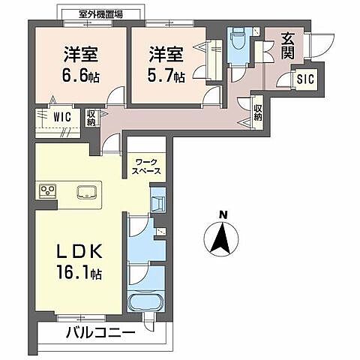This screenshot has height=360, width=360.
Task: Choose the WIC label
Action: tap(61, 116)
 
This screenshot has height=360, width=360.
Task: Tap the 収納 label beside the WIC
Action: tap(91, 118)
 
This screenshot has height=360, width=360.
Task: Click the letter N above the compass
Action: tap(223, 214)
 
